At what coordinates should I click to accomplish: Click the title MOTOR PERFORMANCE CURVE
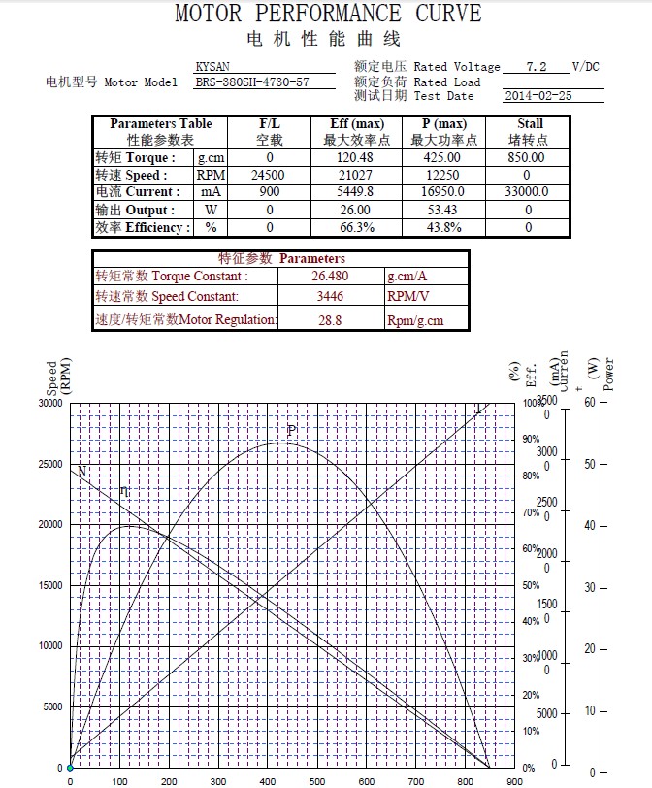(x=327, y=14)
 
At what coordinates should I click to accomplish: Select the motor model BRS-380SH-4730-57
(x=251, y=82)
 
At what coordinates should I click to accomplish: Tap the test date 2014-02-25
(x=538, y=96)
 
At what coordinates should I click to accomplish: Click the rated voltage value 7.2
(x=537, y=67)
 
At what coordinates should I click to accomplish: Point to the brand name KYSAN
(x=212, y=67)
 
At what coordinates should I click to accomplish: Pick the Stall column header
(x=530, y=124)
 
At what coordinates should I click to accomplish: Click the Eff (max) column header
(x=356, y=124)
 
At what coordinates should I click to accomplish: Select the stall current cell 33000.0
(x=529, y=192)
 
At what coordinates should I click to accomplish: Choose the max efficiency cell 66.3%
(x=356, y=227)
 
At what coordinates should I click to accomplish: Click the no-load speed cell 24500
(x=269, y=175)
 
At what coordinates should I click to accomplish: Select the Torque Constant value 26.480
(x=330, y=277)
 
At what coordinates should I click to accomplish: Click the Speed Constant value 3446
(x=330, y=297)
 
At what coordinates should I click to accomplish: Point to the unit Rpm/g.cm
(x=415, y=319)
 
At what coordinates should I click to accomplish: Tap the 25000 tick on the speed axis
(x=49, y=464)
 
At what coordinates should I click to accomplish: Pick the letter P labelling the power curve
(x=291, y=430)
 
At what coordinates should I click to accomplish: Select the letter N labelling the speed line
(x=82, y=472)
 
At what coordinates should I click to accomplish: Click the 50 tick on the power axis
(x=589, y=464)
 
